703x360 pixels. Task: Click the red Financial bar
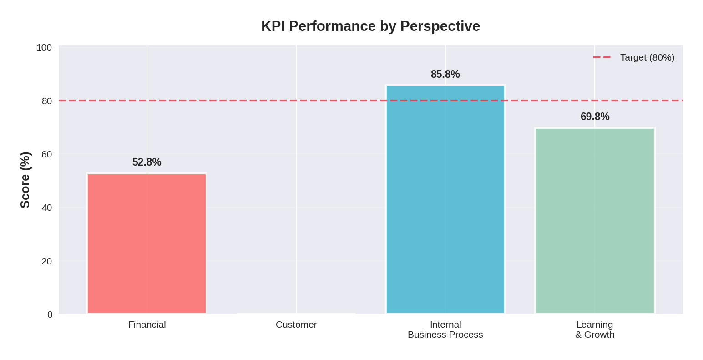point(147,243)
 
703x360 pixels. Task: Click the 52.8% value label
point(147,162)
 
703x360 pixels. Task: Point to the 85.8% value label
point(445,74)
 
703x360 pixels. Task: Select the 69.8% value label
point(594,117)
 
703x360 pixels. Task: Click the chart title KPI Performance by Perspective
point(370,26)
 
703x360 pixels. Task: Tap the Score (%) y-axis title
point(25,180)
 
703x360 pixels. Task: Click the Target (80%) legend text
point(647,57)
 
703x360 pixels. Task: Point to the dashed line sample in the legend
point(602,57)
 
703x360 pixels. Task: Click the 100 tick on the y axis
point(44,47)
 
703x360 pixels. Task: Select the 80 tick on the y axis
point(47,101)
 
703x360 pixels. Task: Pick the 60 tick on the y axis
point(47,154)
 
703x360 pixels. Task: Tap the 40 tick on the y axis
point(47,208)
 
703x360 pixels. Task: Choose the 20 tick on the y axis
point(47,261)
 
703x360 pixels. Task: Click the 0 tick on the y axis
point(50,314)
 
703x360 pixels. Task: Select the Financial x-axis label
point(147,325)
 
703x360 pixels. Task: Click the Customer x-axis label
point(296,325)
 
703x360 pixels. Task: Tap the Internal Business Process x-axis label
point(445,330)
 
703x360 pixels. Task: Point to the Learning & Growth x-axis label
point(594,330)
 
